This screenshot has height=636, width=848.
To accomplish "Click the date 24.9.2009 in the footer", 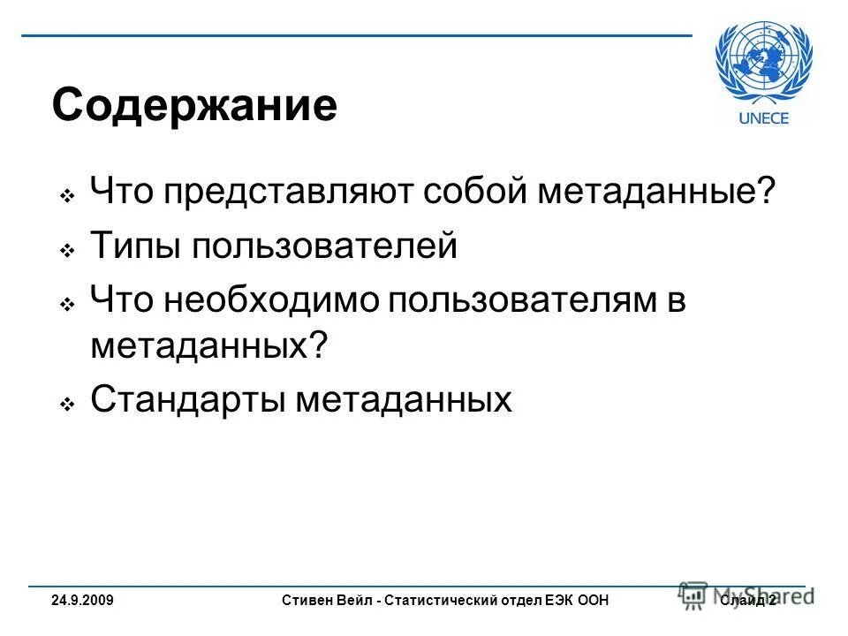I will click(81, 601).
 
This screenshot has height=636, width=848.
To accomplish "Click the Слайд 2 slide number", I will click(747, 601).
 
